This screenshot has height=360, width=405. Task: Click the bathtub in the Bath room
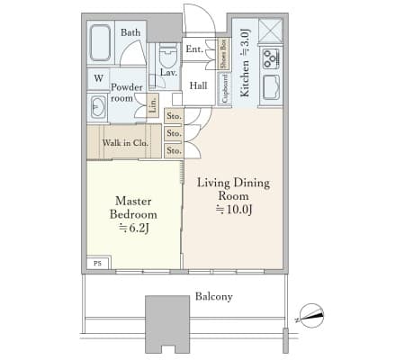click(100, 43)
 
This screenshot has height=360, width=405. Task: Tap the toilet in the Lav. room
click(168, 55)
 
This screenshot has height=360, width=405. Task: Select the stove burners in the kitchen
click(271, 58)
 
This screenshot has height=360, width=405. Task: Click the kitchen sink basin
click(271, 87)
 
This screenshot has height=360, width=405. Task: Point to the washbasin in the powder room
click(98, 106)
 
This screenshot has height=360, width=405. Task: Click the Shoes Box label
click(223, 53)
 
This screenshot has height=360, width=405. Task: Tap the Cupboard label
click(225, 88)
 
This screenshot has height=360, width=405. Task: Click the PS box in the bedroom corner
click(98, 263)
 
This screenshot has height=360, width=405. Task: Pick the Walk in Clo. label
click(125, 143)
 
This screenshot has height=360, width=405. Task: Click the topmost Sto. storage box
click(174, 116)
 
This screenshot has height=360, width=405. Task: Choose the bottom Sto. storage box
click(174, 150)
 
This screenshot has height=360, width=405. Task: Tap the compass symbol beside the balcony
click(311, 316)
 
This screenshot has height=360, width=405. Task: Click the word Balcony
click(214, 297)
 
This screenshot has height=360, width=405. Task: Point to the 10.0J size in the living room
click(234, 210)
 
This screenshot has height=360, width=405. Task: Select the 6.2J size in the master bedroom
click(134, 229)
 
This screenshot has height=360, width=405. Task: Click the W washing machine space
click(98, 78)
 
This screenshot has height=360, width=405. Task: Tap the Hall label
click(198, 85)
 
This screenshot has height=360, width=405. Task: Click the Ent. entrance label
click(194, 49)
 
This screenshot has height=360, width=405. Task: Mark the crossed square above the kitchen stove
click(271, 31)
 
